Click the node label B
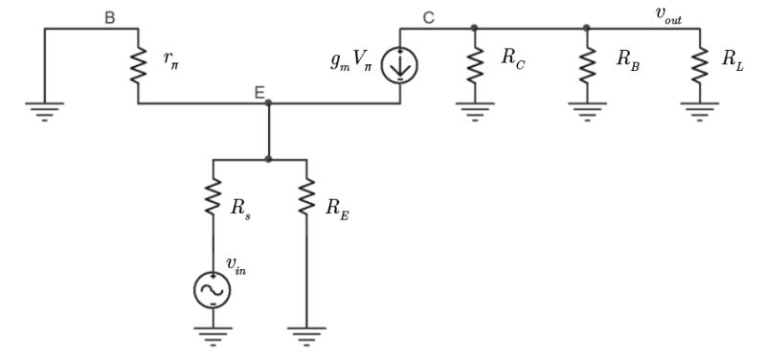[x=110, y=16]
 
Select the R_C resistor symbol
[x=474, y=65]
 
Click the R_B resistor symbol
[x=587, y=65]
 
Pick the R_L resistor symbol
[x=700, y=65]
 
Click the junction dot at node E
[x=268, y=102]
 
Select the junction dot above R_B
[x=587, y=28]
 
